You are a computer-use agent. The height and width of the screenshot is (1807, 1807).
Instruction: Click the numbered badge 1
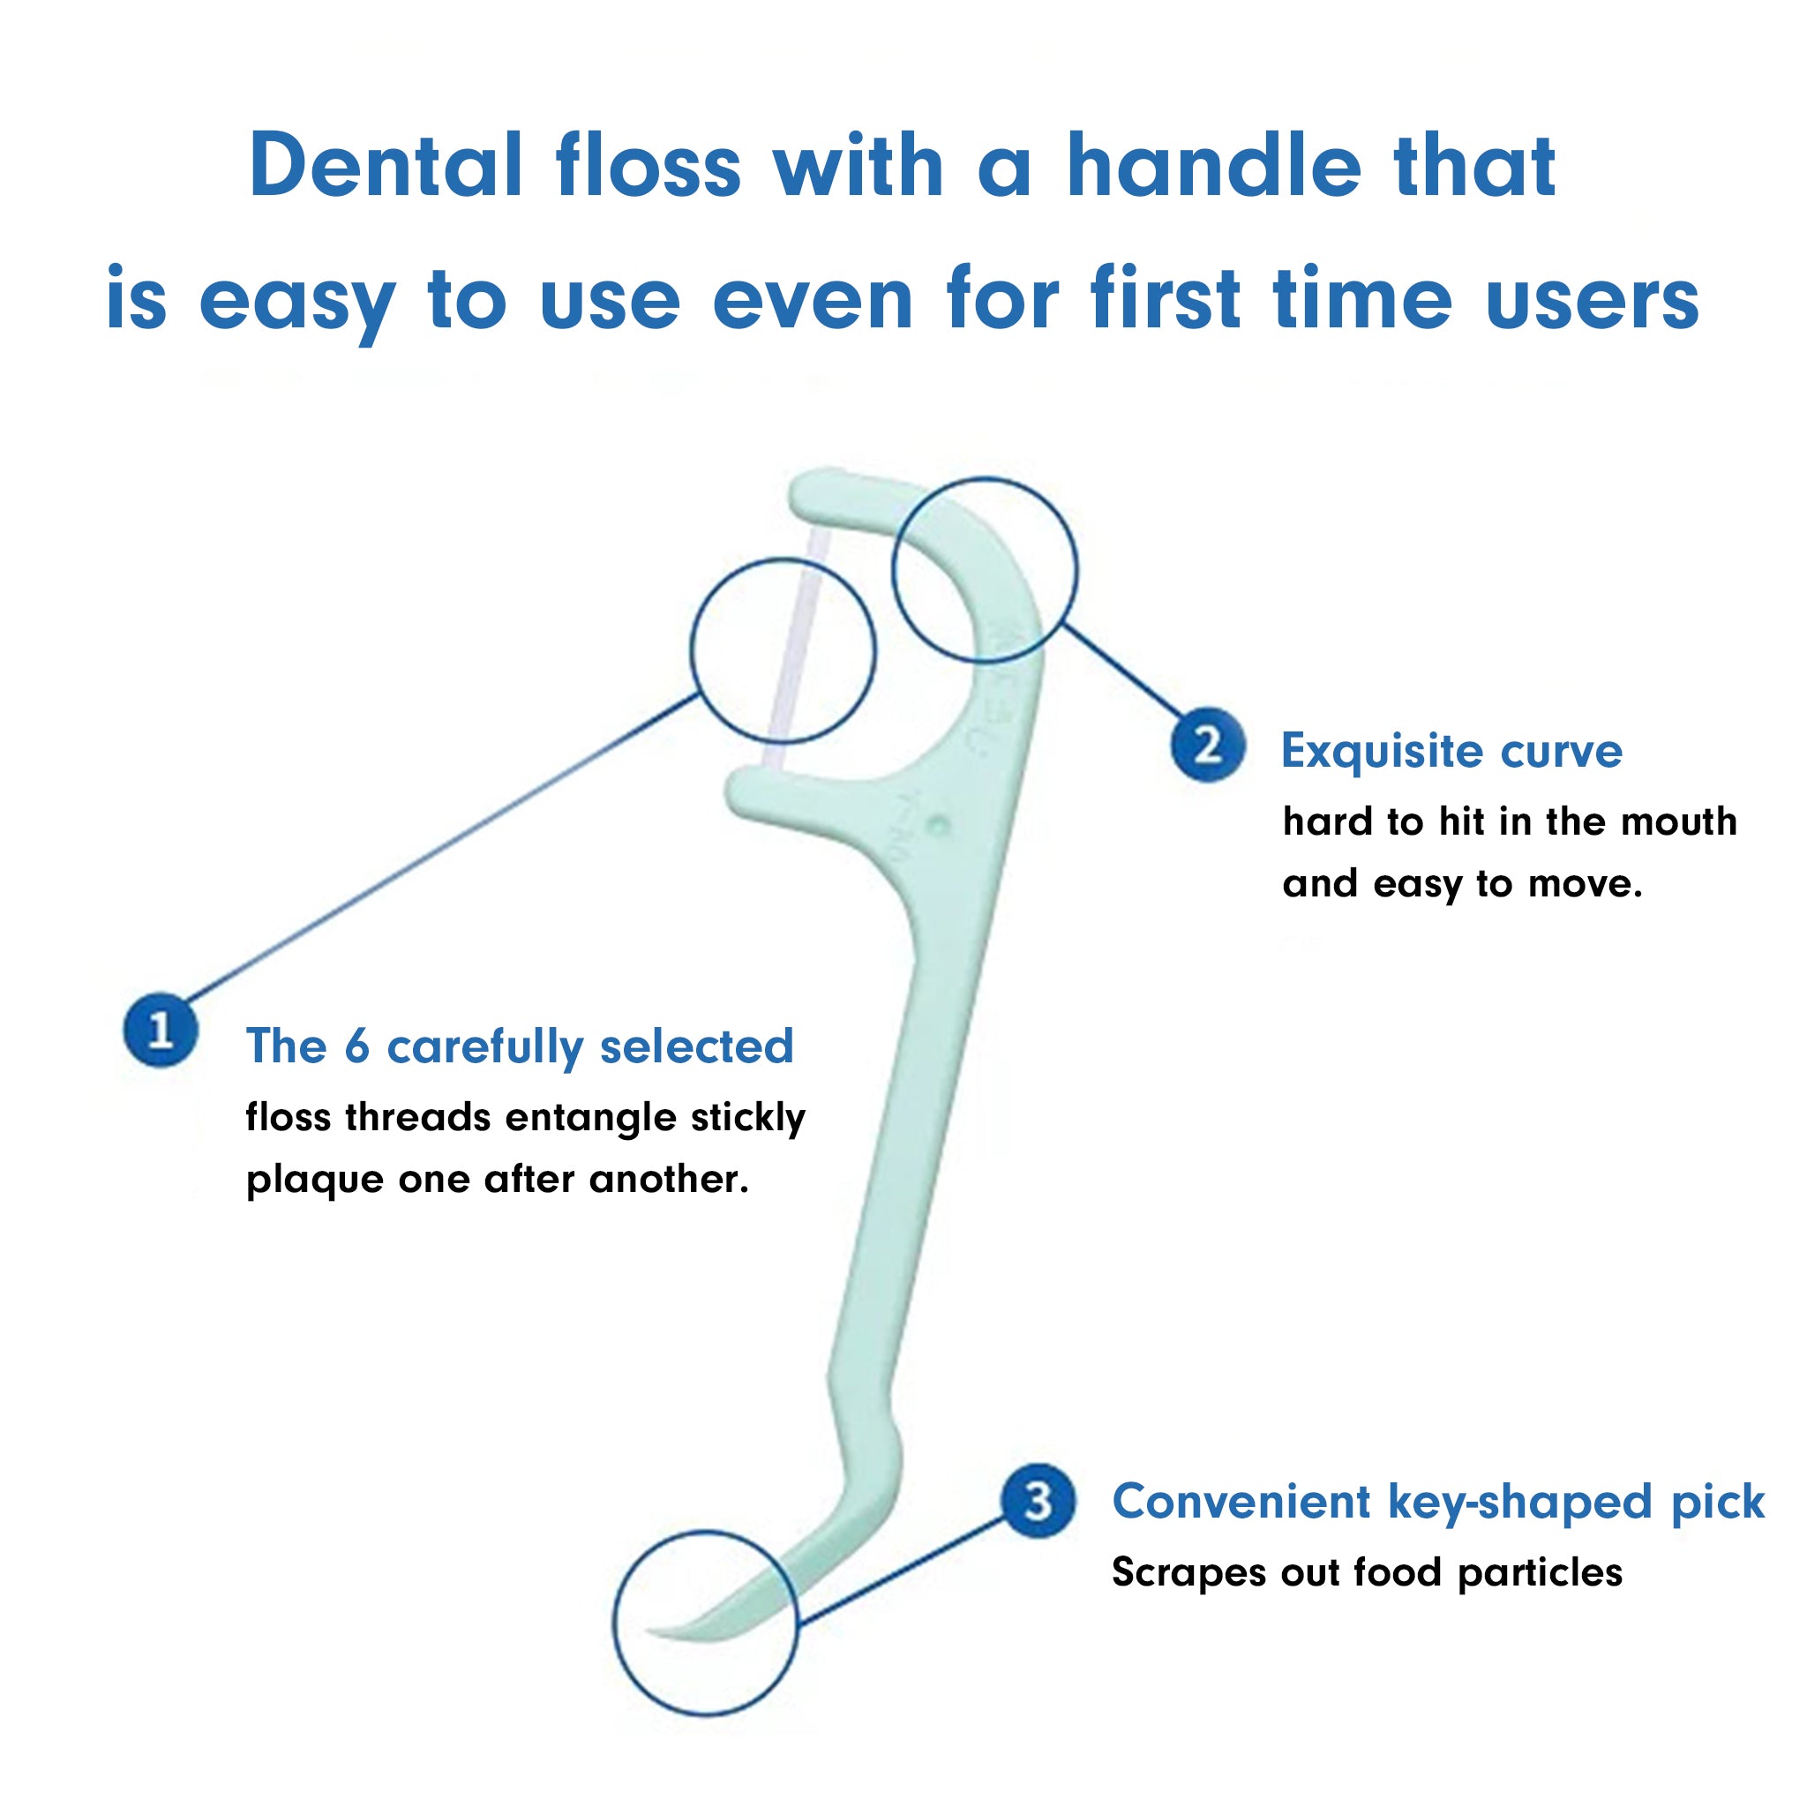(161, 1030)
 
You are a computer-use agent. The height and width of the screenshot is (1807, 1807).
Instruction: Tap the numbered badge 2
(1209, 745)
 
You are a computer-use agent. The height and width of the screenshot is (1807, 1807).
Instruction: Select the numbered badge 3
(1038, 1500)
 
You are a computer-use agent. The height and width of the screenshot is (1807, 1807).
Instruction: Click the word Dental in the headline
(386, 166)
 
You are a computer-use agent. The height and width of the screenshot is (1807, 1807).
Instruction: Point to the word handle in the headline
(1213, 166)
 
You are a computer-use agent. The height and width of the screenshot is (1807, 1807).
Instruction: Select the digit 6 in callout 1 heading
(356, 1046)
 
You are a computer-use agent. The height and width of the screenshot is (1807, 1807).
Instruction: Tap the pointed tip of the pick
(648, 1631)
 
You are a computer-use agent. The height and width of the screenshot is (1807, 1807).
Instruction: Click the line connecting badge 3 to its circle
(902, 1571)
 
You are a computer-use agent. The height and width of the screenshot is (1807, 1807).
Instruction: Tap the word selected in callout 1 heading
(697, 1046)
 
